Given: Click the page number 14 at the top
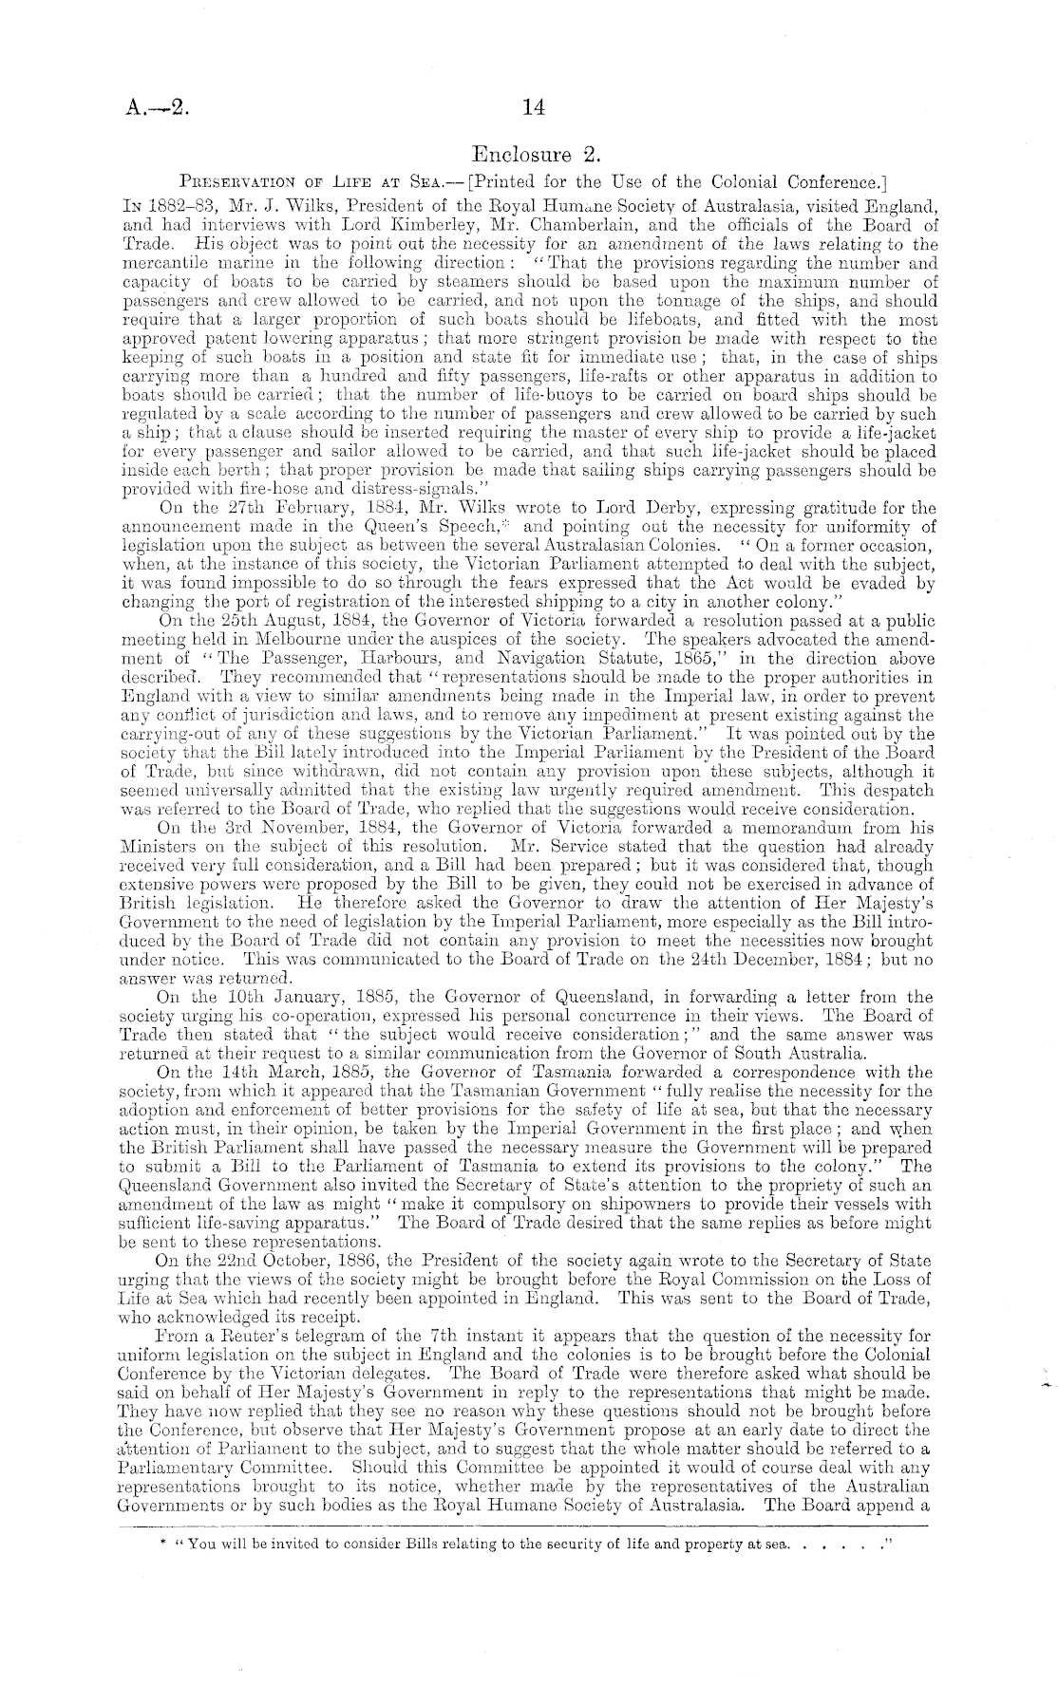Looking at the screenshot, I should pyautogui.click(x=533, y=108).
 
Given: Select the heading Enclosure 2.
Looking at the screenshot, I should pyautogui.click(x=532, y=153).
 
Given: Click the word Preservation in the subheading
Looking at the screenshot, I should pyautogui.click(x=231, y=181).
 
